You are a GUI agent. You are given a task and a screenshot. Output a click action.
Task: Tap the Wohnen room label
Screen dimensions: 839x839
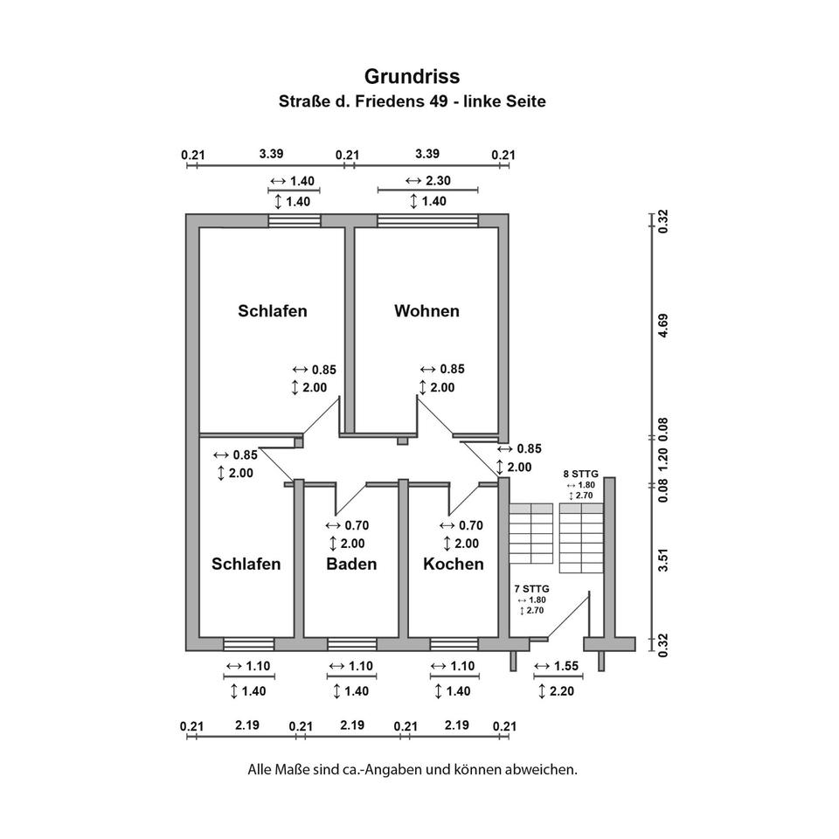click(426, 311)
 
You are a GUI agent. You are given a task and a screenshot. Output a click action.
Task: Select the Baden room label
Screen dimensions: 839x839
click(351, 564)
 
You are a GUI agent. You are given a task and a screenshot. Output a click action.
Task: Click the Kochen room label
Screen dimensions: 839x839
click(453, 564)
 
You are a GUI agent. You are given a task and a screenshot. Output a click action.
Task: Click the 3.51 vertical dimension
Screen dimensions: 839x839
click(663, 559)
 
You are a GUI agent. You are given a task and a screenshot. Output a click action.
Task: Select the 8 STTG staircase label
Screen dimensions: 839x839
click(579, 474)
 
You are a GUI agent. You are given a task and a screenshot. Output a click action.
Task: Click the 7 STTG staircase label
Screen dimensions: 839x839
click(531, 590)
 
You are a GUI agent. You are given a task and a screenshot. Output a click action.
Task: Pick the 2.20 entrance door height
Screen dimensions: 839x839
click(563, 691)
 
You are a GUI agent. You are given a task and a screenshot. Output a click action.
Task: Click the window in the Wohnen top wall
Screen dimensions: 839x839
click(427, 220)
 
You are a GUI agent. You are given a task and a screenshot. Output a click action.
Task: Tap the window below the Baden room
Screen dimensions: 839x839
click(351, 644)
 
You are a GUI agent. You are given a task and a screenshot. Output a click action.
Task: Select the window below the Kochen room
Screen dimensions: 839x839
click(454, 644)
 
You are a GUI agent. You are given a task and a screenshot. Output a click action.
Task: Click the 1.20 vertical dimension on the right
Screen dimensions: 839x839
click(663, 459)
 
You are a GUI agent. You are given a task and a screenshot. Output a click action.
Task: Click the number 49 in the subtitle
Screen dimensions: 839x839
click(439, 101)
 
